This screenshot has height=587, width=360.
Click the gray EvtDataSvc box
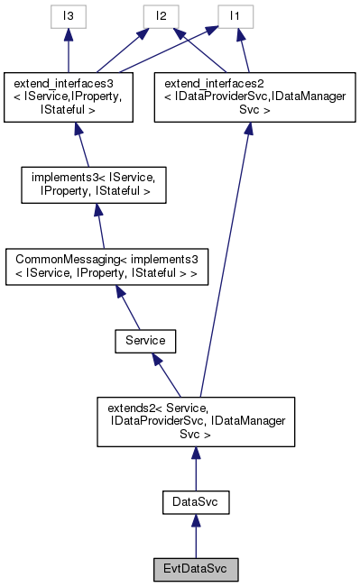pos(196,570)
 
